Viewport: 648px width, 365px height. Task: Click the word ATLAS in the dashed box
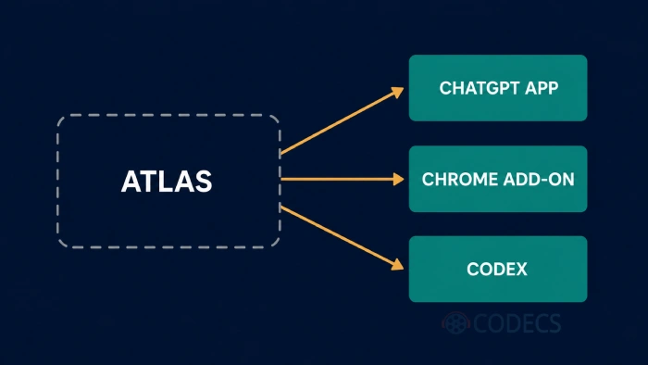click(167, 182)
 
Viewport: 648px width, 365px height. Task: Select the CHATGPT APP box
click(498, 88)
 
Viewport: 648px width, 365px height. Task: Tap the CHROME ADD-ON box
click(498, 179)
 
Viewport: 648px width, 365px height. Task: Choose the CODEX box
click(498, 269)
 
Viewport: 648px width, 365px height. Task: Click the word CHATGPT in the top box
click(479, 88)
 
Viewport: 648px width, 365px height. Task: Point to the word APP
click(542, 88)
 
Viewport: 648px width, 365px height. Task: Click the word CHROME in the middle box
click(457, 180)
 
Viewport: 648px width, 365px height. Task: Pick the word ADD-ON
click(536, 180)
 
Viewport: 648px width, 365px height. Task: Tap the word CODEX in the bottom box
click(497, 270)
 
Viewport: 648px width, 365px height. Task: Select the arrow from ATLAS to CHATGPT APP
click(343, 120)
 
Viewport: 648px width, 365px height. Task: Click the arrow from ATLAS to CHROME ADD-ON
click(343, 179)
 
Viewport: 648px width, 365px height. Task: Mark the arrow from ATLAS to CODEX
click(343, 238)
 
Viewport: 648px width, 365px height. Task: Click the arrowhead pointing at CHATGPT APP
click(397, 93)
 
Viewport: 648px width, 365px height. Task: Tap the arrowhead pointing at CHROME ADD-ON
click(398, 179)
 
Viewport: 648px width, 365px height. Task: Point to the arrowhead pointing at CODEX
click(397, 265)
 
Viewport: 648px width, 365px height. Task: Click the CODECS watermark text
click(517, 323)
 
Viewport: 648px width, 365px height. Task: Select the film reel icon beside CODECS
click(455, 322)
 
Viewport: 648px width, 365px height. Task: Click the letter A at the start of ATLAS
click(131, 182)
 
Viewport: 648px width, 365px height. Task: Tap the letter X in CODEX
click(520, 270)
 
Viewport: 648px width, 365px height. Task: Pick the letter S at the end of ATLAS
click(204, 182)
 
